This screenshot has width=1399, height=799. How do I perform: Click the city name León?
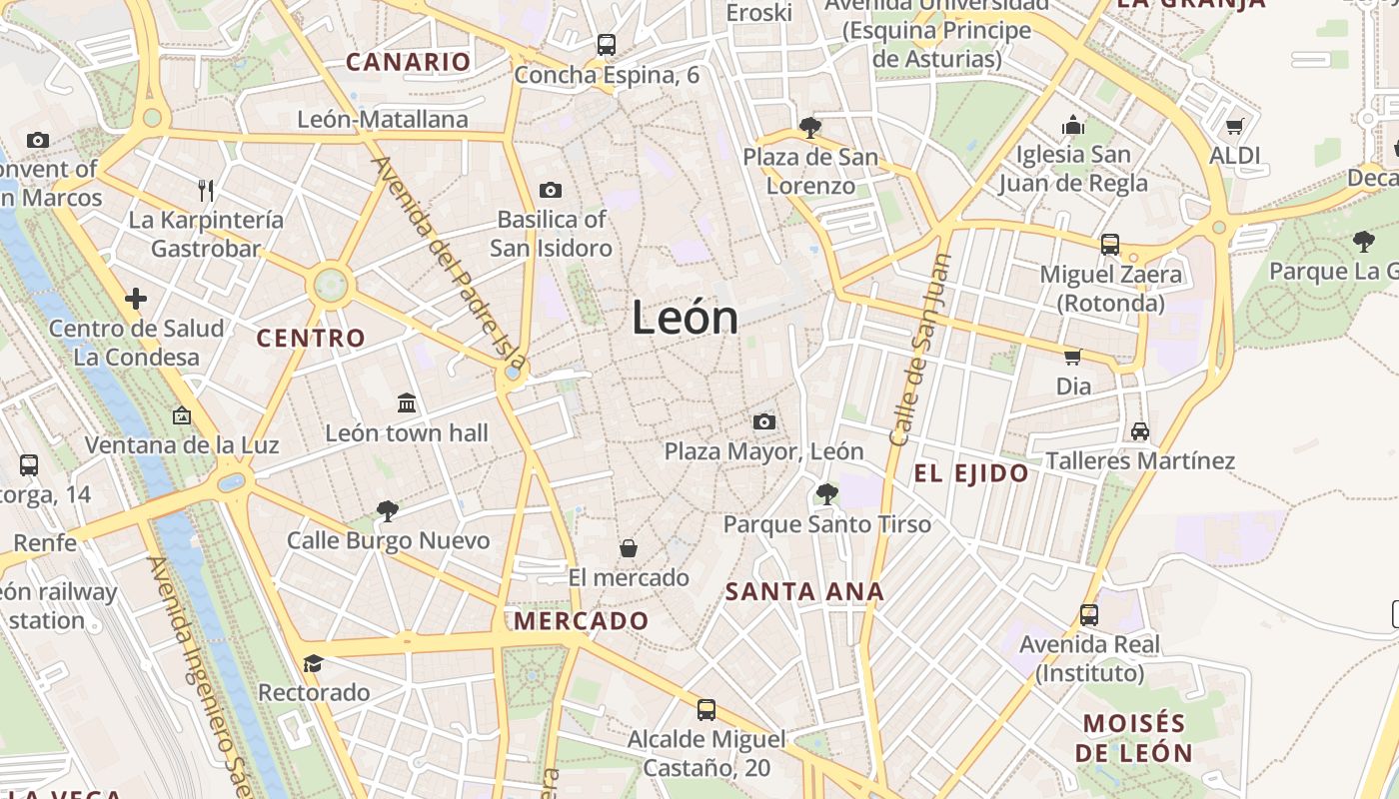pyautogui.click(x=686, y=319)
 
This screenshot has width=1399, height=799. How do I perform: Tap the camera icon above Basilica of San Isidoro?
pyautogui.click(x=550, y=190)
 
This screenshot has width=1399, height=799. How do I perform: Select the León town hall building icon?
pyautogui.click(x=407, y=402)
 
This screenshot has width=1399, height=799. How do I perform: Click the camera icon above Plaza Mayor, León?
pyautogui.click(x=764, y=421)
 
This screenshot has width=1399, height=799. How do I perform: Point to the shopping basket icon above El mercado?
pyautogui.click(x=629, y=547)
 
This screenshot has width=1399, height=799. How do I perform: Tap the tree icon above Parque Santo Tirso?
pyautogui.click(x=826, y=493)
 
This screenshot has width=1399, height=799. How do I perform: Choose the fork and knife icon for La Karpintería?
pyautogui.click(x=206, y=190)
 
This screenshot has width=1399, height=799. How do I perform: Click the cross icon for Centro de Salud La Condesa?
pyautogui.click(x=136, y=298)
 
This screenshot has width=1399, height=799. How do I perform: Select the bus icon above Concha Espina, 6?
pyautogui.click(x=607, y=44)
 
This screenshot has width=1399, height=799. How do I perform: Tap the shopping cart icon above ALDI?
pyautogui.click(x=1234, y=126)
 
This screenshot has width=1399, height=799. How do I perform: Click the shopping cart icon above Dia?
pyautogui.click(x=1073, y=357)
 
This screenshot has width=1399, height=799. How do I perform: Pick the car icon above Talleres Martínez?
pyautogui.click(x=1140, y=430)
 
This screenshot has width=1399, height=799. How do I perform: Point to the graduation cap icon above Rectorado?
pyautogui.click(x=313, y=663)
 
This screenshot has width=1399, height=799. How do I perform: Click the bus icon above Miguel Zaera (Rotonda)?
pyautogui.click(x=1109, y=244)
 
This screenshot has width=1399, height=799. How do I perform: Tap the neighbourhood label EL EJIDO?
pyautogui.click(x=971, y=473)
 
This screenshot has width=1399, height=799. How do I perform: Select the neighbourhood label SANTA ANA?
pyautogui.click(x=804, y=591)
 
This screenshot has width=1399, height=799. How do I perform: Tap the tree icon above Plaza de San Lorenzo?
pyautogui.click(x=810, y=127)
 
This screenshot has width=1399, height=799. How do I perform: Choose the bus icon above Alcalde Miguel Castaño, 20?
pyautogui.click(x=706, y=709)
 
